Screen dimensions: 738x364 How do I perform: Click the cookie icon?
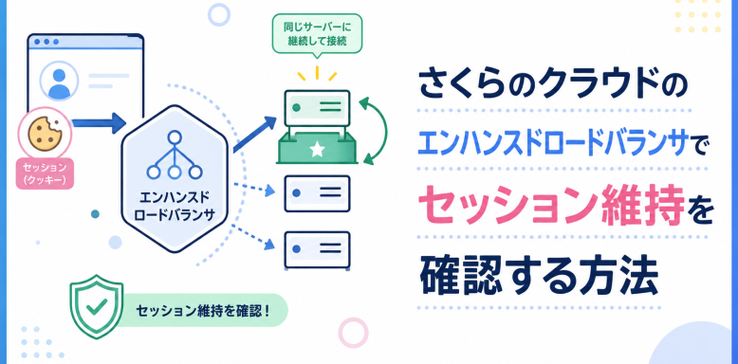coord(45,133)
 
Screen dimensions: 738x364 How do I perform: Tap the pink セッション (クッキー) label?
coord(45,173)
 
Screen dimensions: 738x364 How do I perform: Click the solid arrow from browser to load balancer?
coord(99,123)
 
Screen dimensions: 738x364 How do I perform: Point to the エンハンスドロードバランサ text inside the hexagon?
coord(175,207)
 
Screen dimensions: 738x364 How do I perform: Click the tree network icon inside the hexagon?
coord(175,155)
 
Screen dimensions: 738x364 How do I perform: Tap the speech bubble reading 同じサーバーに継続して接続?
coord(317,35)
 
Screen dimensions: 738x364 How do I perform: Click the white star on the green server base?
coord(317,150)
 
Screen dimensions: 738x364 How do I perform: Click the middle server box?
coord(317,193)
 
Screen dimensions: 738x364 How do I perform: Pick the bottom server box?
coord(317,249)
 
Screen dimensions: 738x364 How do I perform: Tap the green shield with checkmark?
coord(97,309)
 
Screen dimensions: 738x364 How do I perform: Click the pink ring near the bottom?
coord(353,333)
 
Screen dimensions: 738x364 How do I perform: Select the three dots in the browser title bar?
coord(46,42)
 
